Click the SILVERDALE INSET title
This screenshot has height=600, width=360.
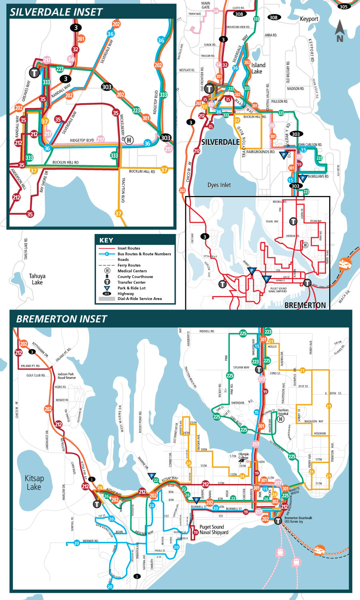[56, 12]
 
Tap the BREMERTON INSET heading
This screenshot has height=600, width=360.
[62, 319]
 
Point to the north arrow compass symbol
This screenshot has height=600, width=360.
[340, 31]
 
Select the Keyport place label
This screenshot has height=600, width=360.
[309, 19]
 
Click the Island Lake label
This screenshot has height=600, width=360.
[258, 68]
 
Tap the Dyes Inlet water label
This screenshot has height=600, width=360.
[219, 185]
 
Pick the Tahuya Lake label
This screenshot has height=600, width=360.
[37, 279]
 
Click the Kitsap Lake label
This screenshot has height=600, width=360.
[34, 483]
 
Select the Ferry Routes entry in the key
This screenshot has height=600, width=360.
[129, 265]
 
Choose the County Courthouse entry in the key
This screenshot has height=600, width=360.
[135, 276]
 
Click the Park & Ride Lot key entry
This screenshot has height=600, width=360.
[131, 288]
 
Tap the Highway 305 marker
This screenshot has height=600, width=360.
[343, 6]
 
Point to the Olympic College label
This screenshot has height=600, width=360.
[244, 456]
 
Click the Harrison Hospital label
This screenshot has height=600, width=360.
[283, 412]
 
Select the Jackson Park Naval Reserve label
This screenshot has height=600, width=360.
[66, 376]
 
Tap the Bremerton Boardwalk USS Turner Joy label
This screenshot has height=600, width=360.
[298, 520]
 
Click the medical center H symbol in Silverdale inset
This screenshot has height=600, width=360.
[129, 140]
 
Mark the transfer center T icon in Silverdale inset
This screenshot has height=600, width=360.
[34, 72]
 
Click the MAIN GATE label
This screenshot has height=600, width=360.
[206, 5]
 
